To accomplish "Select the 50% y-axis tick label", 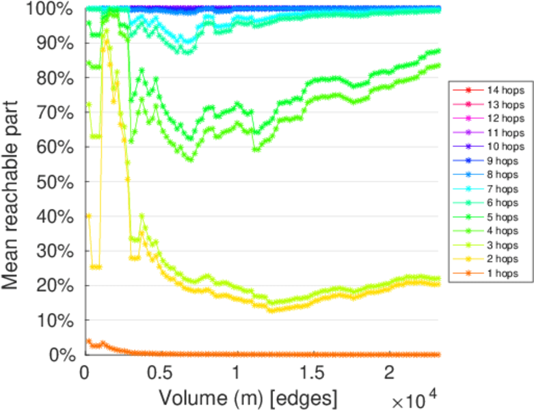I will (x=55, y=182).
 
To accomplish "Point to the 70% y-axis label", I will (x=55, y=113).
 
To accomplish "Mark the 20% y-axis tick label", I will (x=55, y=286).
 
